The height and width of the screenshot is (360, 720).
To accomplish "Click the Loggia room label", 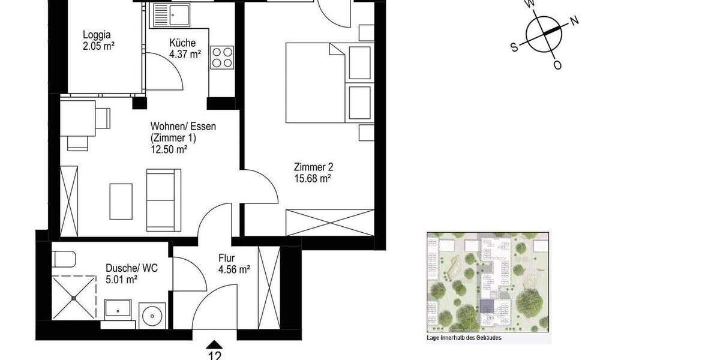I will point(97,34).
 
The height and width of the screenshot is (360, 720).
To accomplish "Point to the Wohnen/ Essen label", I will point(183,127).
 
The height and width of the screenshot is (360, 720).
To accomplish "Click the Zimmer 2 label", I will point(313,167).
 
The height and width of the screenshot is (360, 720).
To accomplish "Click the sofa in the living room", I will point(163,199).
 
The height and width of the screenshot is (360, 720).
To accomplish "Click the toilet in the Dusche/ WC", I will point(64,259).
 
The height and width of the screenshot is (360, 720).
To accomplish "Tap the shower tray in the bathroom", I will point(74,297).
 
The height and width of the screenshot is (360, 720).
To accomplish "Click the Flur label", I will point(226,259).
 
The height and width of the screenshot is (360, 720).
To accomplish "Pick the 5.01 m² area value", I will point(122,279).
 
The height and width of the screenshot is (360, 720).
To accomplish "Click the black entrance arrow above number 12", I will point(214,344).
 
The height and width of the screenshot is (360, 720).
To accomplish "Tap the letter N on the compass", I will point(574,22).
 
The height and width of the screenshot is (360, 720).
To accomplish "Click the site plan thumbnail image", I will point(488,283).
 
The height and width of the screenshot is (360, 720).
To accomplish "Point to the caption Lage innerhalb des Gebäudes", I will point(464,338).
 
